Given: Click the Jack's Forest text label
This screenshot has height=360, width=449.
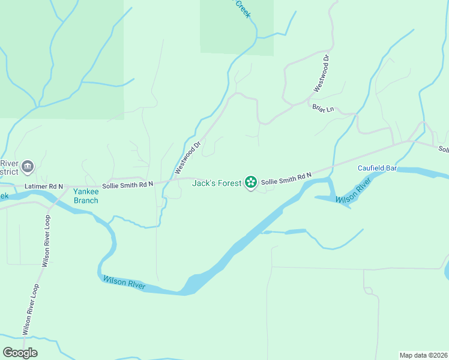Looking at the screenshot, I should point(216,183).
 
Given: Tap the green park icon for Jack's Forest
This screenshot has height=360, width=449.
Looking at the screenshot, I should point(250,182).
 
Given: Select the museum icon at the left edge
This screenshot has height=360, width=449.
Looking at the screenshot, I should point(27,166).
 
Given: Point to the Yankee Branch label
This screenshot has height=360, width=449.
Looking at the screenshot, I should point(85,196).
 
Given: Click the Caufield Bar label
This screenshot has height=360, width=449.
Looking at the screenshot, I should point(378,169).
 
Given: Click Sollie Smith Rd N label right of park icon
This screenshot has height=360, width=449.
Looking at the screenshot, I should point(286,178).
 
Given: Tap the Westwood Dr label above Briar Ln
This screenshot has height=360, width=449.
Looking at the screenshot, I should point(321,74).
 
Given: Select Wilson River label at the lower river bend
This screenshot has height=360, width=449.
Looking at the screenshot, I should point(124,282).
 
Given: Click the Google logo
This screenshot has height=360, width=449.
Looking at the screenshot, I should point(20,352).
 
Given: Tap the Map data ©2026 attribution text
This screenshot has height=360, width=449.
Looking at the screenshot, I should point(423,355).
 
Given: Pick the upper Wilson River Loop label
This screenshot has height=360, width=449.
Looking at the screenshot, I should point(46,239).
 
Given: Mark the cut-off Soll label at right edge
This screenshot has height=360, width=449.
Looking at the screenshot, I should point(443,149).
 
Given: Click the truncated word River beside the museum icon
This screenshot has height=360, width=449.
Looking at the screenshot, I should point(9,163).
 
